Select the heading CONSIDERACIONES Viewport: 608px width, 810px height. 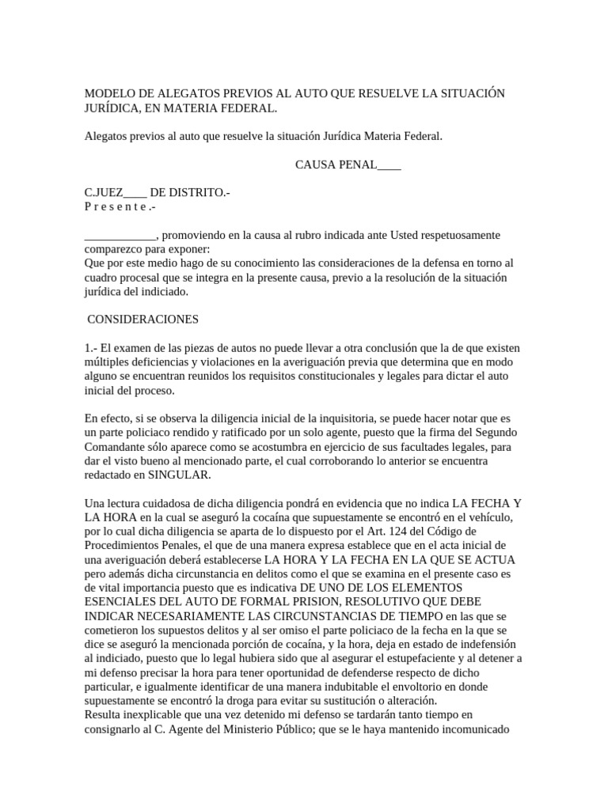[143, 320]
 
